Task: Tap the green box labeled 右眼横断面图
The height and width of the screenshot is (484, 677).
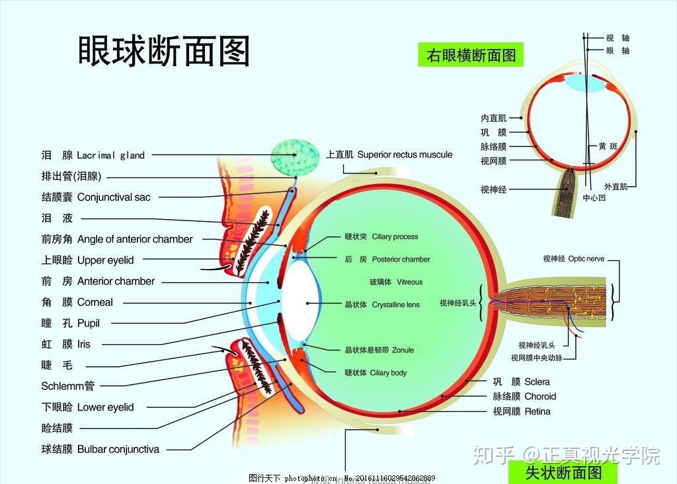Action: click(471, 55)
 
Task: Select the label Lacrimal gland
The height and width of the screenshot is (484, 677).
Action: click(110, 155)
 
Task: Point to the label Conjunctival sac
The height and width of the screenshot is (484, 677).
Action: click(114, 197)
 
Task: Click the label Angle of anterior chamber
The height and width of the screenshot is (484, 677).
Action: click(135, 239)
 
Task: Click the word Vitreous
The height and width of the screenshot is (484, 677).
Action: click(409, 282)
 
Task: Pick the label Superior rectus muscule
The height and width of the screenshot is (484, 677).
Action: click(405, 154)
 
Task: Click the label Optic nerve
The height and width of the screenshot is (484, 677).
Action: click(586, 259)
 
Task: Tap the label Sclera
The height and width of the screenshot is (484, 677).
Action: click(537, 382)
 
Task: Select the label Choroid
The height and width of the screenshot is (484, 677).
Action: click(540, 397)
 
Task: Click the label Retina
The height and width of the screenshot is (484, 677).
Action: click(538, 411)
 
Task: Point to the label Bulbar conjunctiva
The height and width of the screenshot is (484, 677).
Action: click(118, 449)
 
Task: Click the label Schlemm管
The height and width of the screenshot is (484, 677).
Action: click(68, 386)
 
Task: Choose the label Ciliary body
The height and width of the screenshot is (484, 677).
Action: click(388, 373)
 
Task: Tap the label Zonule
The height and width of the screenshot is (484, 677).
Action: click(403, 350)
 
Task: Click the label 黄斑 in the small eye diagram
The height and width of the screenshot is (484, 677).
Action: click(608, 146)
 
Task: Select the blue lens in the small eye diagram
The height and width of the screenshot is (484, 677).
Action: click(584, 84)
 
